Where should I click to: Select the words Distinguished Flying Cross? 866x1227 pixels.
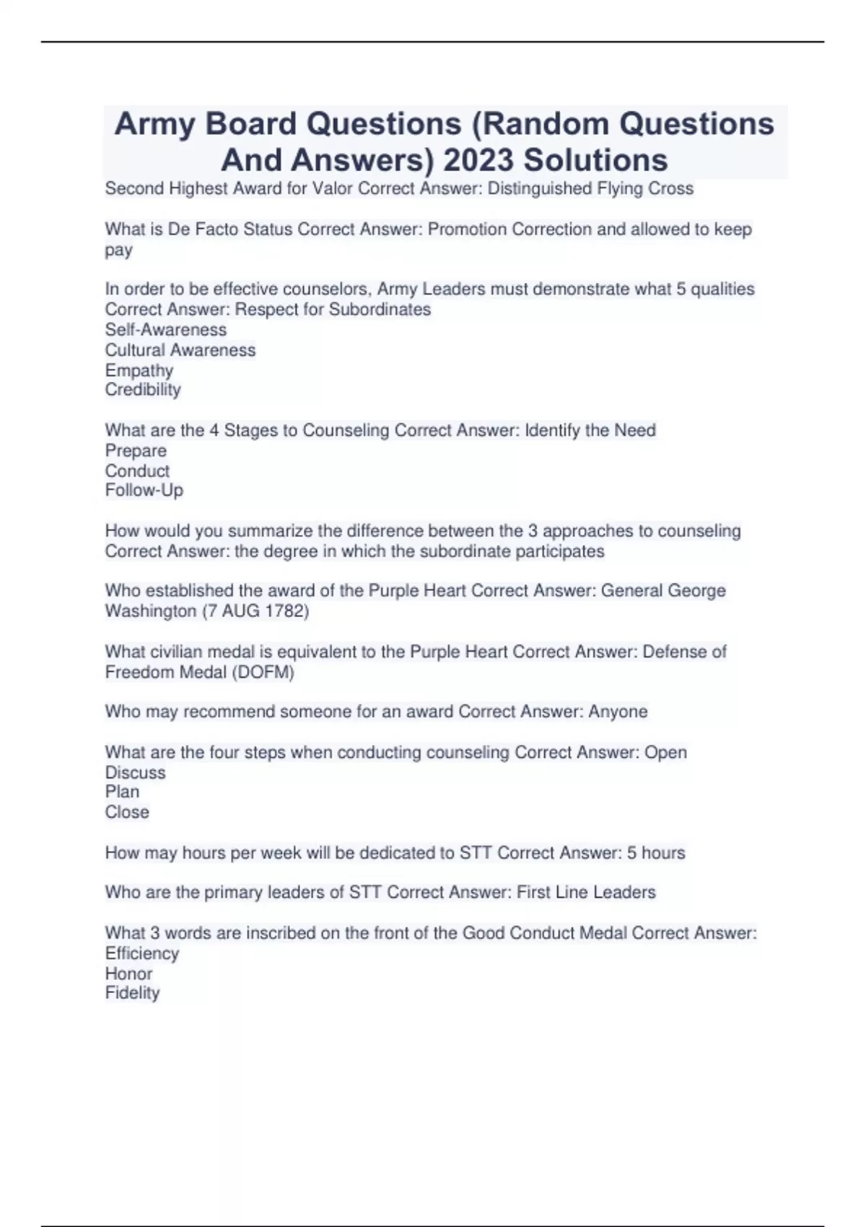tap(590, 188)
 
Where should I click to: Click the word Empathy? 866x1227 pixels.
tap(139, 370)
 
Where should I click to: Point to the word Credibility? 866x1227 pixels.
tap(143, 390)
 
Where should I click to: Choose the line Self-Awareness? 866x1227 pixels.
tap(166, 330)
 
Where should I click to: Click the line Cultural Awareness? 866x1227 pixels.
tap(180, 350)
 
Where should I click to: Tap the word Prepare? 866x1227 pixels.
tap(136, 450)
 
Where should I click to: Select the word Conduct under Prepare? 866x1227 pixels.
tap(137, 471)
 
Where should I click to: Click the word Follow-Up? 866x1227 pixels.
tap(144, 490)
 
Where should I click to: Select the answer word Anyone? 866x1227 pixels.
tap(618, 712)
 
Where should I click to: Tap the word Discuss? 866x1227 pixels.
tap(136, 772)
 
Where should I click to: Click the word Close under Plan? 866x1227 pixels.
tap(127, 812)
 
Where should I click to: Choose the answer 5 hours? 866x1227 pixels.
tap(656, 852)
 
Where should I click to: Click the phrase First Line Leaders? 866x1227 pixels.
tap(586, 892)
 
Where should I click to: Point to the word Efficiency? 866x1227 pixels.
tap(142, 953)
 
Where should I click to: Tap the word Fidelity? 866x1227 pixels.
tap(132, 993)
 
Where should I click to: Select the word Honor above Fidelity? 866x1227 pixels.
tap(128, 973)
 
